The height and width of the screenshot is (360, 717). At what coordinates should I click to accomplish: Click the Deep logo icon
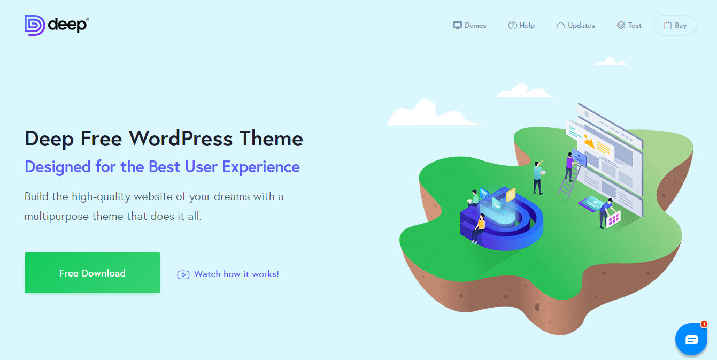35,25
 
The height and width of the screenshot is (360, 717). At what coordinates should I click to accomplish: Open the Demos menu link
469,25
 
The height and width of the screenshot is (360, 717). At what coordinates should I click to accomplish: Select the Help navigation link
521,25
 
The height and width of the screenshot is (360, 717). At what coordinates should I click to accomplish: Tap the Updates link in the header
575,25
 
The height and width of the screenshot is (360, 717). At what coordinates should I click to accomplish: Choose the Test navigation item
629,25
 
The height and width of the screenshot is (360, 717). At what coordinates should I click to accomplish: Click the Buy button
675,25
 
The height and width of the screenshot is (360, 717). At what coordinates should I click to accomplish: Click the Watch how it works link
236,274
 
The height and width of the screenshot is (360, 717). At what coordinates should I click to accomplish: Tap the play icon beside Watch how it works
183,275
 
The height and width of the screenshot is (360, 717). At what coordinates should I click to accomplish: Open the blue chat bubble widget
691,339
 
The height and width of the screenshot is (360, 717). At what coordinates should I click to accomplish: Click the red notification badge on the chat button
704,324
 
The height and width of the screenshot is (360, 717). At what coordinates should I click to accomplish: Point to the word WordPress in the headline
181,139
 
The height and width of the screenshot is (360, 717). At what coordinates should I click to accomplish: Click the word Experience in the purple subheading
261,167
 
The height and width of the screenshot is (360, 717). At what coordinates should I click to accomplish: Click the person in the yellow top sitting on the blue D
479,228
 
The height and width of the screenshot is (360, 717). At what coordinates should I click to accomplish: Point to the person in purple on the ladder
569,166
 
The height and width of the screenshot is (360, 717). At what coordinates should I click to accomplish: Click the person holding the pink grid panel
606,213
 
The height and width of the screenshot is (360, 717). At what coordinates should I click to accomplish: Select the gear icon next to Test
621,25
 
